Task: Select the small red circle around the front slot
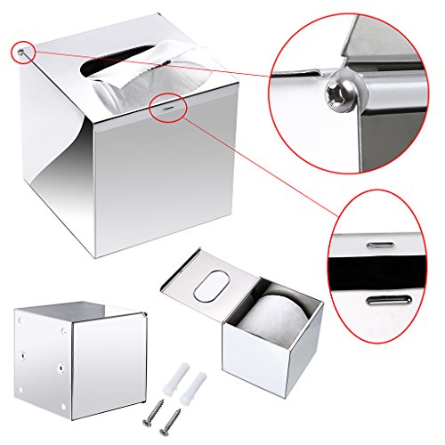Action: (167, 103)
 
